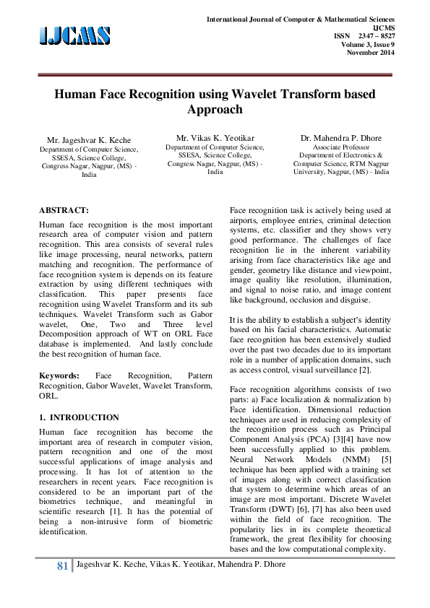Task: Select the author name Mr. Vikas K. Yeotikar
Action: pyautogui.click(x=215, y=137)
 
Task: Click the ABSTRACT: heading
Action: pyautogui.click(x=64, y=209)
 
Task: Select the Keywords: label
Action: pyautogui.click(x=59, y=376)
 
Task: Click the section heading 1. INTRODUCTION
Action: pyautogui.click(x=79, y=417)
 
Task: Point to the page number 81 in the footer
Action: pyautogui.click(x=61, y=565)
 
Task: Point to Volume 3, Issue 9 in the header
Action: pyautogui.click(x=368, y=44)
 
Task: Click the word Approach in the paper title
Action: pyautogui.click(x=215, y=110)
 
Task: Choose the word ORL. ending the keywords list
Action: pyautogui.click(x=48, y=396)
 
